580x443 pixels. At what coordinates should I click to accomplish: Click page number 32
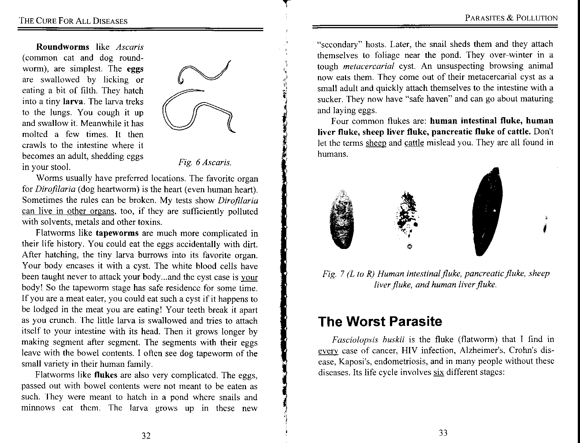click(146, 435)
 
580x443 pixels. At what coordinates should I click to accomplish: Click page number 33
click(443, 433)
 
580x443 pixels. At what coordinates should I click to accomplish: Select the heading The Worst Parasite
click(380, 321)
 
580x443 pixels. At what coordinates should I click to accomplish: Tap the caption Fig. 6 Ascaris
click(205, 162)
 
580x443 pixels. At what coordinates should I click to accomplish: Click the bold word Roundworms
click(63, 47)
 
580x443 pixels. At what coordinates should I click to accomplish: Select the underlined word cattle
click(414, 143)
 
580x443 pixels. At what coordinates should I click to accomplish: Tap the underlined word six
click(438, 372)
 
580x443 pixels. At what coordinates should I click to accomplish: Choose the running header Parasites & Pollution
click(511, 18)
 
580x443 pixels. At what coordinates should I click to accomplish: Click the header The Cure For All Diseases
click(73, 21)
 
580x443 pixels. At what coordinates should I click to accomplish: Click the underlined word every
click(327, 351)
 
